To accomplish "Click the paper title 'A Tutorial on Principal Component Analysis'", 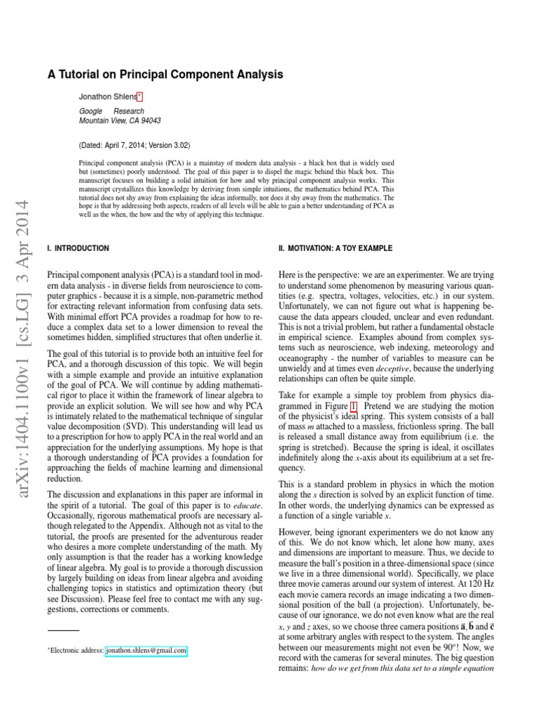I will coord(165,74).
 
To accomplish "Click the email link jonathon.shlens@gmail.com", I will coord(146,651).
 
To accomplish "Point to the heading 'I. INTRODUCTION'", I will coord(77,248).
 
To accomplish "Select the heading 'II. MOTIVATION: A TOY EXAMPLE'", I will coord(336,248).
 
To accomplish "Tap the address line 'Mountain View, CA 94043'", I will coord(120,121).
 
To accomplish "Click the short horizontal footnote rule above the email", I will coord(63,631).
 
